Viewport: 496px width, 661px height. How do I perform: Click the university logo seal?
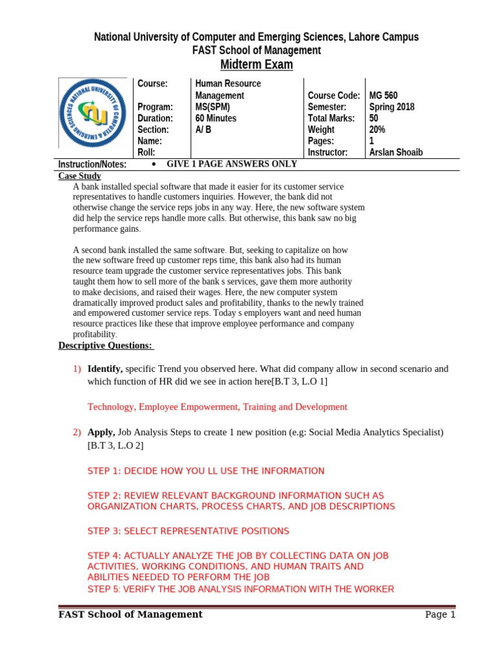tap(93, 113)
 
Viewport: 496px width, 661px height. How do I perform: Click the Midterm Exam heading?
tap(256, 65)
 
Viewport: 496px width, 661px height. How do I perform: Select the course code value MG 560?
tap(383, 96)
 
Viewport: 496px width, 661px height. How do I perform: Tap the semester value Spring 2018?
tap(391, 107)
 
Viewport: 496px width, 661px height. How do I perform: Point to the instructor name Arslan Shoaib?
tap(396, 152)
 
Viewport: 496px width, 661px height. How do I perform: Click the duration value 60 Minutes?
tap(216, 119)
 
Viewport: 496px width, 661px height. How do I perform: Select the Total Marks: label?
tap(331, 119)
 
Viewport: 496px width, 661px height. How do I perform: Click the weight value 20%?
tap(377, 130)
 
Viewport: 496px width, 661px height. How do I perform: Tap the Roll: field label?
tap(147, 152)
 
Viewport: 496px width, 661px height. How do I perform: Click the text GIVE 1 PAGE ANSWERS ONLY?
tap(232, 164)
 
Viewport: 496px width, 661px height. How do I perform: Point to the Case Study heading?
tap(79, 176)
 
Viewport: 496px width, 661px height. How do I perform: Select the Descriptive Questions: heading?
tap(106, 345)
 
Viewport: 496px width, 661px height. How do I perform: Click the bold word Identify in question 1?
tap(105, 369)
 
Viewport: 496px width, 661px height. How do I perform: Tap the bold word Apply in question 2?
tap(101, 432)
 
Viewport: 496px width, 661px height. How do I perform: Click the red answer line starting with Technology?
tap(217, 407)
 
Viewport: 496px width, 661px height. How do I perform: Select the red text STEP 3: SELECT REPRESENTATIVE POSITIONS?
tap(188, 531)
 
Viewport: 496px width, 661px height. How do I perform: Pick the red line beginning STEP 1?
tap(205, 471)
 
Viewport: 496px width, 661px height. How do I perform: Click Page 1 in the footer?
tap(440, 615)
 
